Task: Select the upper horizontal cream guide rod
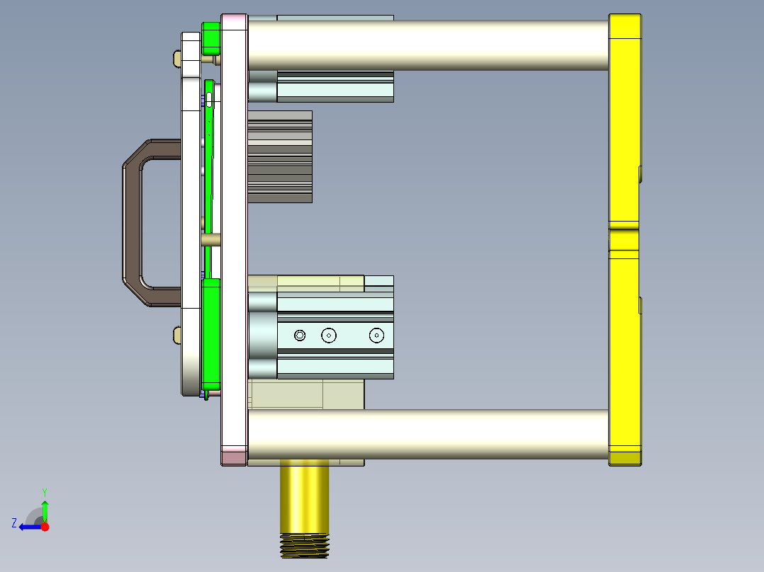pyautogui.click(x=425, y=45)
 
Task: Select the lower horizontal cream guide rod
pyautogui.click(x=425, y=434)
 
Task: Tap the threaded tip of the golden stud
pyautogui.click(x=305, y=546)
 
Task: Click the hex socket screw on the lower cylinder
pyautogui.click(x=300, y=336)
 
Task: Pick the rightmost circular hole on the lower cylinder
pyautogui.click(x=376, y=336)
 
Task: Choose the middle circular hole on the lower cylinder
pyautogui.click(x=328, y=336)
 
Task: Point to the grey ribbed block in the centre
pyautogui.click(x=280, y=156)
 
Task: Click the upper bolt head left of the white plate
pyautogui.click(x=176, y=59)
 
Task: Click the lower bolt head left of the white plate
pyautogui.click(x=176, y=335)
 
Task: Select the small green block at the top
pyautogui.click(x=211, y=38)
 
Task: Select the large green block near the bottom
pyautogui.click(x=211, y=333)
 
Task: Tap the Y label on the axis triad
pyautogui.click(x=44, y=491)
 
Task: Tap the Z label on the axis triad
pyautogui.click(x=14, y=523)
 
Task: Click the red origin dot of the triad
pyautogui.click(x=45, y=527)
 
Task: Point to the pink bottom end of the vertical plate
pyautogui.click(x=234, y=456)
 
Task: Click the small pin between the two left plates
pyautogui.click(x=210, y=240)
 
